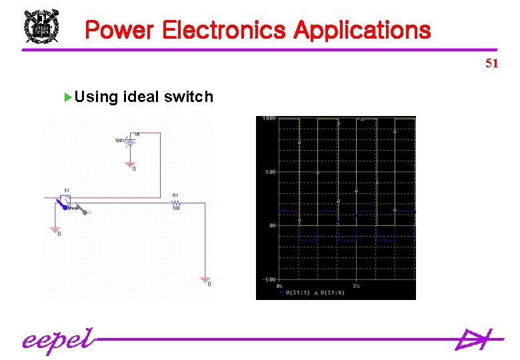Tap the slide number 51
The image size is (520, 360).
pos(492,63)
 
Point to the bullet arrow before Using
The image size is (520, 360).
pos(67,97)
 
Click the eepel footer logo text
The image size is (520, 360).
pos(56,340)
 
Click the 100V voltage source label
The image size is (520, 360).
pos(120,141)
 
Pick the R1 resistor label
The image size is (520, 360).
pos(175,195)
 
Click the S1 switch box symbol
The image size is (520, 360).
pos(67,201)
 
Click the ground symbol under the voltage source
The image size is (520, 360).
pos(130,164)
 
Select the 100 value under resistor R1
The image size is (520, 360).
pos(176,209)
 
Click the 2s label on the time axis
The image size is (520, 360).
pos(356,285)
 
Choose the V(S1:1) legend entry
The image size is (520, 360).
pos(295,292)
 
